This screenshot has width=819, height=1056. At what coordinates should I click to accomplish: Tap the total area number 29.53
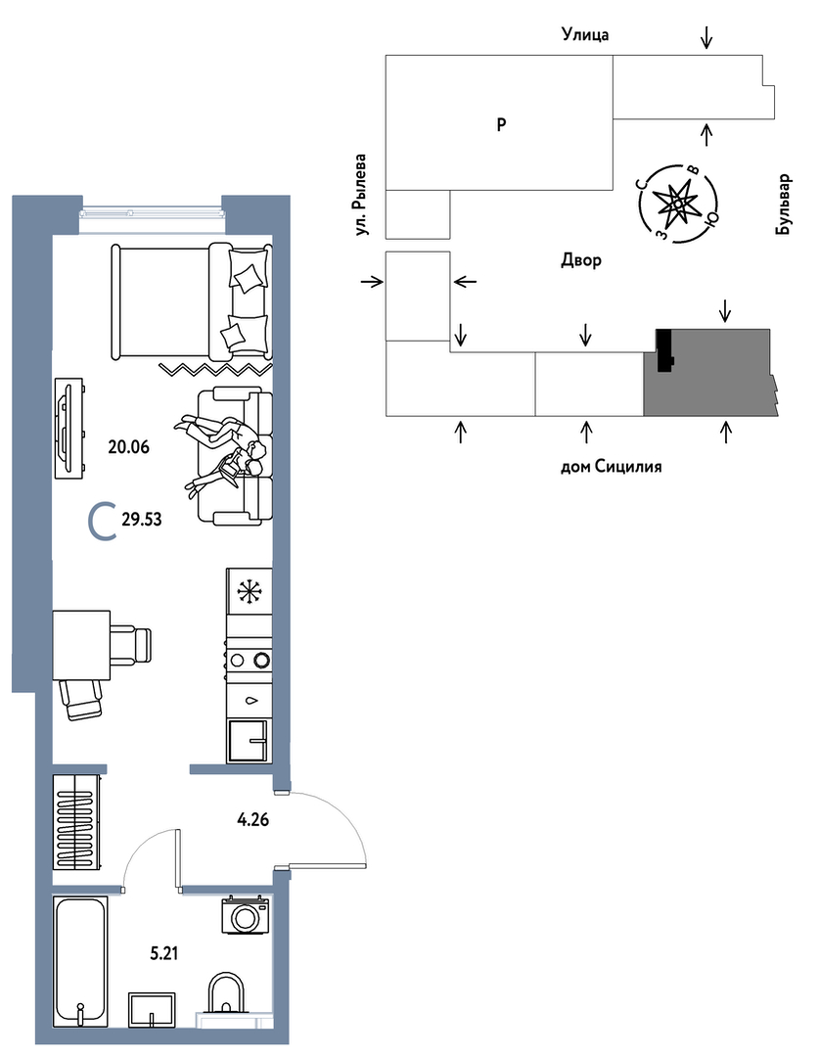[x=141, y=521]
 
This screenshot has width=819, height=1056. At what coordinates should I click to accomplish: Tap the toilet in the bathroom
[x=227, y=994]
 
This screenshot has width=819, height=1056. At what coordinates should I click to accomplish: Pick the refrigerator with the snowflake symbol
[x=249, y=592]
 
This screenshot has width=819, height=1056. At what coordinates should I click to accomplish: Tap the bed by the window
[x=191, y=301]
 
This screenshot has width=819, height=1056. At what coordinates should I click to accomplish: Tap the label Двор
[x=581, y=260]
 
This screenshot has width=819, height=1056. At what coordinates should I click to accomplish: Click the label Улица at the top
[x=585, y=35]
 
